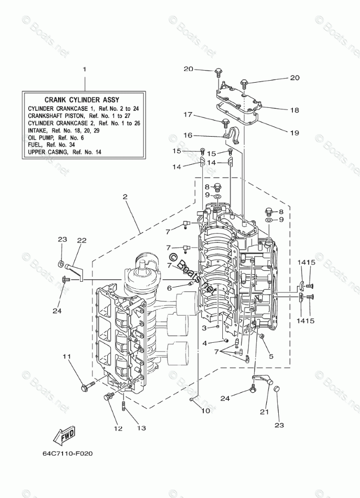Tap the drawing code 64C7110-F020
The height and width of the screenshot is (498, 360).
click(68, 453)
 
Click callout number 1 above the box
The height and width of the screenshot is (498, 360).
click(85, 69)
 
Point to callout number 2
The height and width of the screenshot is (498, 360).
click(125, 197)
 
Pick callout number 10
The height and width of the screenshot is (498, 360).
click(205, 411)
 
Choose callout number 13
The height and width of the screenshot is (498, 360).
click(141, 428)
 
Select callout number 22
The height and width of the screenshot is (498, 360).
click(82, 240)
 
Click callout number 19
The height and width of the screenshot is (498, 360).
click(294, 133)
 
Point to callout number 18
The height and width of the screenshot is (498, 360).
click(294, 109)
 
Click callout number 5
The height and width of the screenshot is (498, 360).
click(271, 356)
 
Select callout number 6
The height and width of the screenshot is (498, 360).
click(169, 288)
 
